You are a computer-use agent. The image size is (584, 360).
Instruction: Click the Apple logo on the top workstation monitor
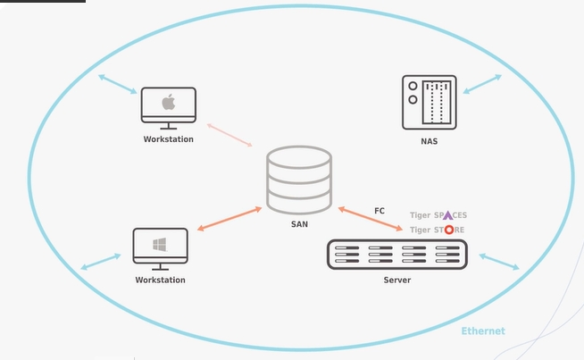point(169,103)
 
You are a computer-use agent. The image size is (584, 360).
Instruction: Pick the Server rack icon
point(396,255)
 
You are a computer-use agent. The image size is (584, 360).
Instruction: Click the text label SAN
point(299,224)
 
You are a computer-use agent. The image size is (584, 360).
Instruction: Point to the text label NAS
point(430,141)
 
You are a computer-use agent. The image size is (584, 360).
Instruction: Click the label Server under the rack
point(396,280)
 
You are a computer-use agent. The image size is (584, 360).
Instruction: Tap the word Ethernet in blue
point(483,331)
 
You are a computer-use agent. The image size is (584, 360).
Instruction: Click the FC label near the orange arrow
point(380,211)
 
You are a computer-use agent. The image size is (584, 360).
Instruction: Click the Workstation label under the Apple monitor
point(169,139)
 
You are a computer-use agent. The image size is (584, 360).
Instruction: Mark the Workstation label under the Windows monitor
point(161,280)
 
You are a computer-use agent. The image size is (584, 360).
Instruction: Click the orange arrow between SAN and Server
point(370,220)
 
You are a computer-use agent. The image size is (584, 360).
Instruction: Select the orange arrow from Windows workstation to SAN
point(229,220)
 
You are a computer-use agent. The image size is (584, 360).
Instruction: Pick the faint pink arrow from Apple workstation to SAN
point(229,136)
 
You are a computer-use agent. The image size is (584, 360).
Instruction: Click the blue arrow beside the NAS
point(481,84)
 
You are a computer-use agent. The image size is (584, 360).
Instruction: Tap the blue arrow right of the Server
point(498,261)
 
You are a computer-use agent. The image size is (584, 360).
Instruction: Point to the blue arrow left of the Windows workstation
point(100,261)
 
